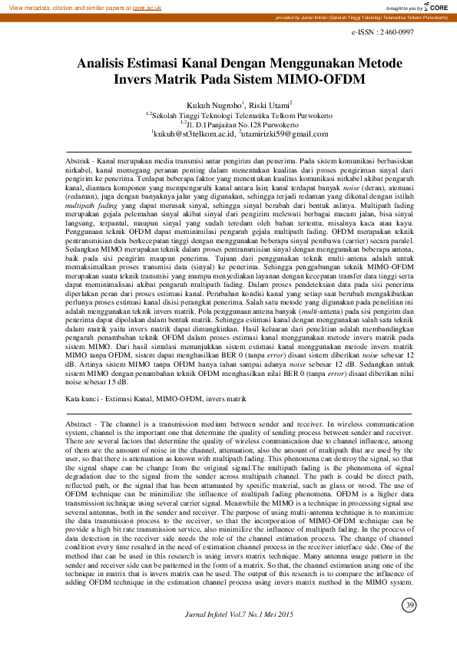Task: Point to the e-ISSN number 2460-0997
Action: pos(382,31)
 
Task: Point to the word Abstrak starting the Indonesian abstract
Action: pos(79,157)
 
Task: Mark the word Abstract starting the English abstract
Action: pos(80,424)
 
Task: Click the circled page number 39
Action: pos(409,608)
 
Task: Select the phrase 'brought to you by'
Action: pos(397,6)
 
